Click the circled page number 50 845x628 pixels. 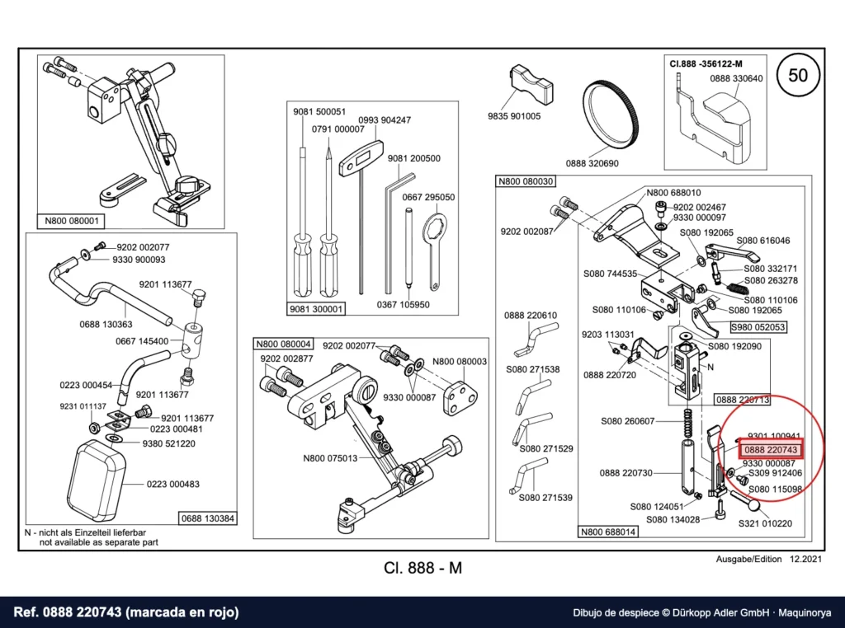tap(798, 75)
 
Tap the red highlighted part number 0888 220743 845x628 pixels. tap(771, 450)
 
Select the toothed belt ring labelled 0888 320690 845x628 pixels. tap(611, 117)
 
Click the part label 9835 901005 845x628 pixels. tap(514, 116)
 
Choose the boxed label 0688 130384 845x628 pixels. tap(208, 518)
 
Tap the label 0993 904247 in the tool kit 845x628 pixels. tap(385, 120)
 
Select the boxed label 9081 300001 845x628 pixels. tap(315, 309)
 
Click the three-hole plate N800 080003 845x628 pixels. tap(460, 398)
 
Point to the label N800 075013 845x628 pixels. tap(330, 458)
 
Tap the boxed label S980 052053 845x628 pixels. tap(758, 327)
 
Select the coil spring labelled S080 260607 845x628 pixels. tap(687, 424)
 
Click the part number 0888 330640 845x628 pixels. tap(736, 78)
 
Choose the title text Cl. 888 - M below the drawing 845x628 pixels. tap(423, 569)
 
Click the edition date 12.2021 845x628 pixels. tap(806, 559)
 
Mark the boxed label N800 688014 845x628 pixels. tap(608, 532)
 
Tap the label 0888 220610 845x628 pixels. tap(531, 316)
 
